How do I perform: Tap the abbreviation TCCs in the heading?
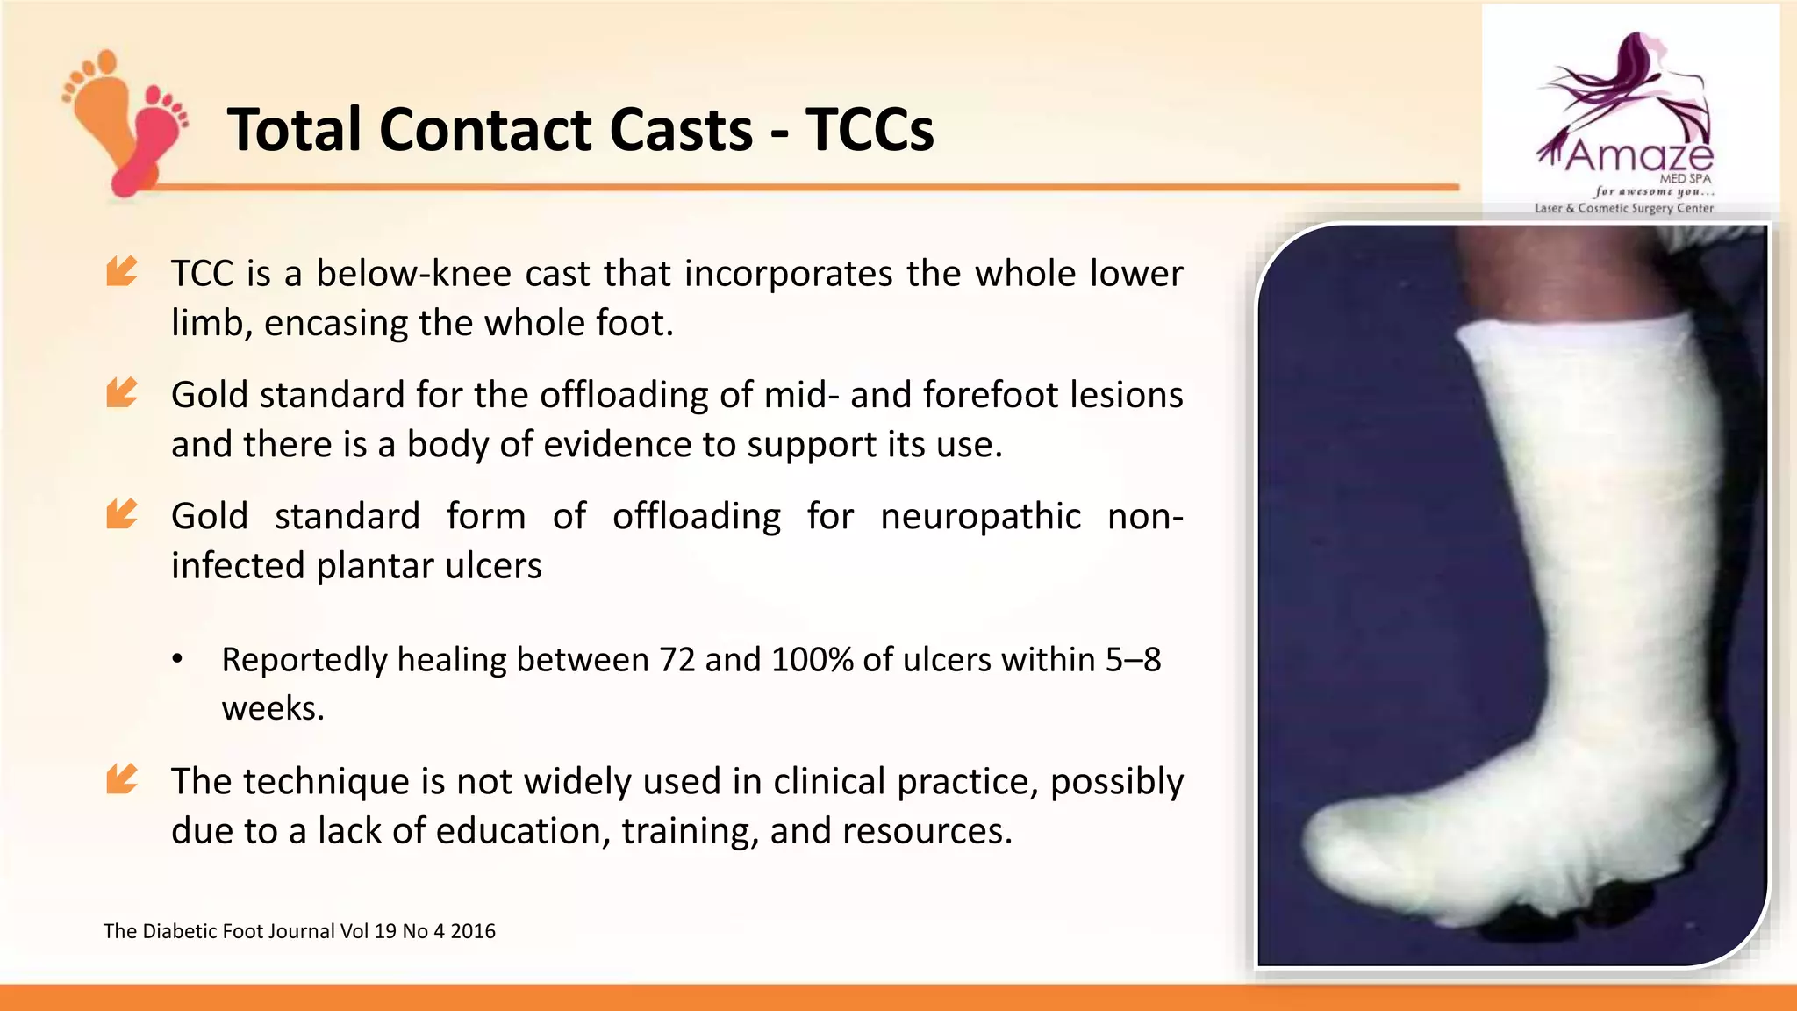click(870, 130)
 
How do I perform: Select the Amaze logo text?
click(1638, 156)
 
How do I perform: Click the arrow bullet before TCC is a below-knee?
click(121, 271)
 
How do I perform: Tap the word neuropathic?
click(980, 516)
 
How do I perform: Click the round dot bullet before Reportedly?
click(177, 660)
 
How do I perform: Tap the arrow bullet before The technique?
click(121, 778)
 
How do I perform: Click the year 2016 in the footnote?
click(473, 931)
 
